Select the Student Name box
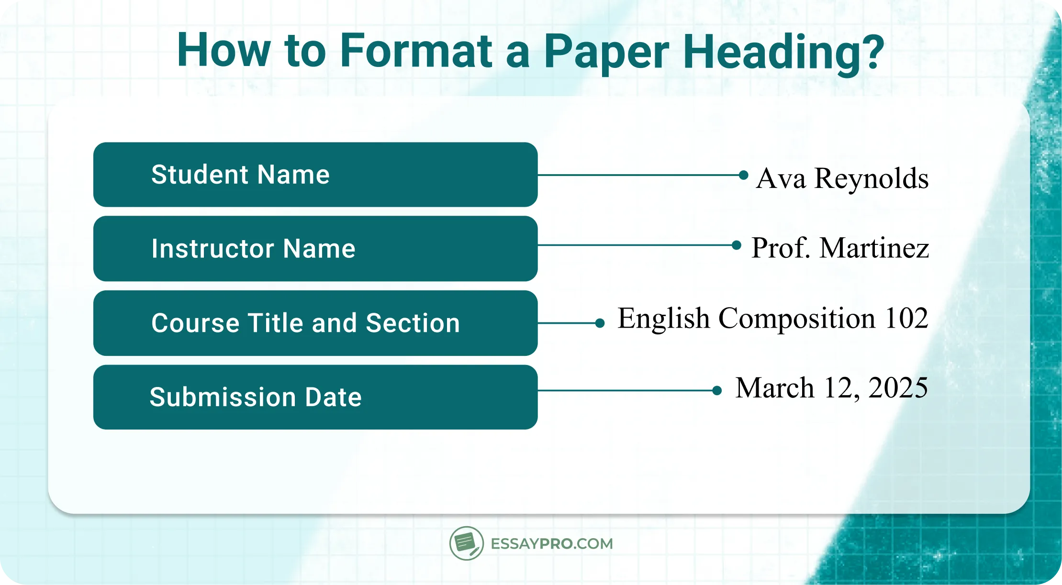[315, 175]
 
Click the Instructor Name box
[315, 249]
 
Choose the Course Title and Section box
[315, 323]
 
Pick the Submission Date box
[315, 397]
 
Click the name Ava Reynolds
[842, 178]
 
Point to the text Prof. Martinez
[840, 248]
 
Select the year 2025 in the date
[898, 387]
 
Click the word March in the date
[774, 387]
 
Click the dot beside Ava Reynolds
[743, 175]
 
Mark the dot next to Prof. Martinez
[737, 245]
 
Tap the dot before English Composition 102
[600, 323]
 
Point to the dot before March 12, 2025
[717, 391]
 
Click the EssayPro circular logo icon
[466, 543]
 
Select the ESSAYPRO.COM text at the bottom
[551, 544]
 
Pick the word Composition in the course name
[796, 318]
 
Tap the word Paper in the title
[606, 52]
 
